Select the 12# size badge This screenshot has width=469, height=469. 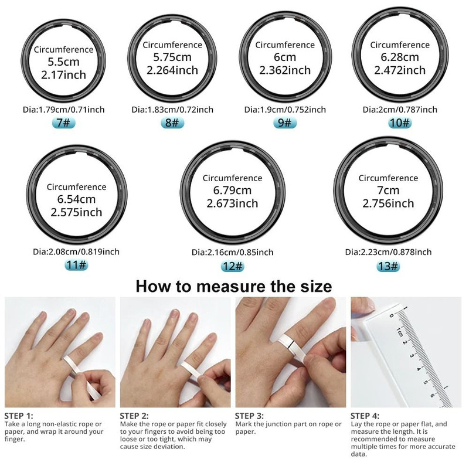[x=232, y=266]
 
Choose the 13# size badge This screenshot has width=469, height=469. [x=388, y=266]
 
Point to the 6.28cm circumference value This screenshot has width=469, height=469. [x=400, y=57]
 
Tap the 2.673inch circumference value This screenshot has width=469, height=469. [x=232, y=203]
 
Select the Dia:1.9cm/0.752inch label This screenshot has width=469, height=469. [x=285, y=110]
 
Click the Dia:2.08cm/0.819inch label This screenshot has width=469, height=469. [x=76, y=252]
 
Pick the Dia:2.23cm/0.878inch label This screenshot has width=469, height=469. [x=388, y=252]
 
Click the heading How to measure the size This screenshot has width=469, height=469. [x=234, y=287]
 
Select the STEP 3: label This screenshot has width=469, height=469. [x=249, y=416]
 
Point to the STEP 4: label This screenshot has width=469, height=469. [x=365, y=416]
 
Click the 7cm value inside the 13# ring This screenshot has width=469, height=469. [x=388, y=191]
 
